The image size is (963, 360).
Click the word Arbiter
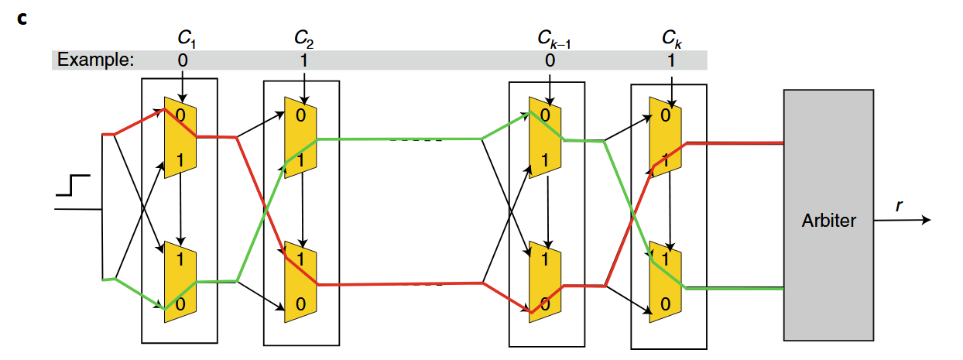(828, 221)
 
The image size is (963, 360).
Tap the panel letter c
(22, 19)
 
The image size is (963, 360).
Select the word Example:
(96, 60)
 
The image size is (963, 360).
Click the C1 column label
(187, 38)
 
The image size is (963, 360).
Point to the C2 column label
(303, 38)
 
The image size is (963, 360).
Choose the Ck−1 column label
(553, 39)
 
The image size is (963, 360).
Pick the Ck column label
(671, 39)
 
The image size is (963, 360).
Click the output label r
(899, 206)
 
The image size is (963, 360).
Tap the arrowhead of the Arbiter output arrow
(926, 220)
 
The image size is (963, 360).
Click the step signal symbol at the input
(73, 185)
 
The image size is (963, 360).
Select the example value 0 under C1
(183, 60)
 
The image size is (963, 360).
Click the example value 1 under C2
(304, 60)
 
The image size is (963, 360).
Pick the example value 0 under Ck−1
(550, 60)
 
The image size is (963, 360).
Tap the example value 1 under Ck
(671, 60)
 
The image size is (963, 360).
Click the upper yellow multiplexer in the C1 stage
(180, 137)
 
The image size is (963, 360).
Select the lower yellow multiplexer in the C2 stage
(300, 282)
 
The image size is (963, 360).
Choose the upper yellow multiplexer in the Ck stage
(665, 137)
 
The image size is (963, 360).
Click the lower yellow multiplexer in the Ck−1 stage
(545, 282)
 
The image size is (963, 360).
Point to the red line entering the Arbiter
(735, 143)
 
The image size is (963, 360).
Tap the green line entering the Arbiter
(735, 289)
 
